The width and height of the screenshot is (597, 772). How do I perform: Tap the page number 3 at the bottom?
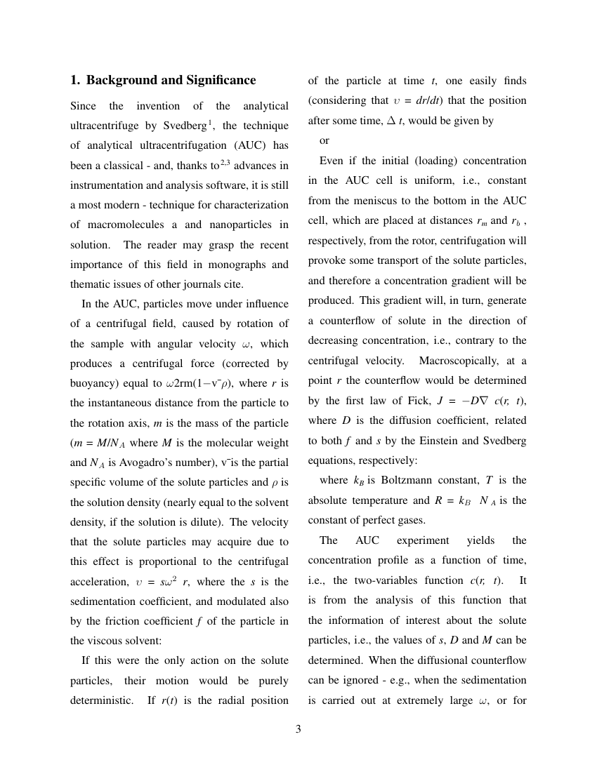pyautogui.click(x=298, y=729)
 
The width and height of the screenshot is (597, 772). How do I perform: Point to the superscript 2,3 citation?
pyautogui.click(x=225, y=164)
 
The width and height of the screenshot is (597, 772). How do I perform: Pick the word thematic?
pyautogui.click(x=91, y=285)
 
